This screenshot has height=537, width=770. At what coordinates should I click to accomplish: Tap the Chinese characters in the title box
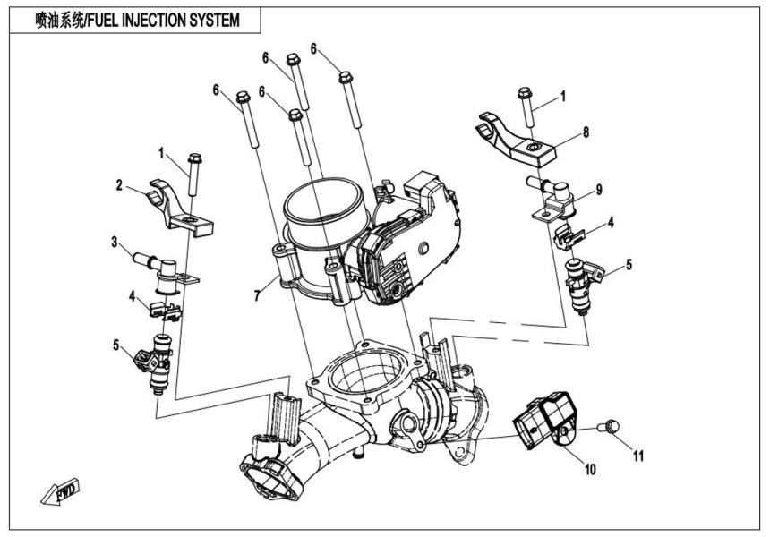coord(59,20)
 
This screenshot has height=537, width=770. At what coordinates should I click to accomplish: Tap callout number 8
coord(586,132)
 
